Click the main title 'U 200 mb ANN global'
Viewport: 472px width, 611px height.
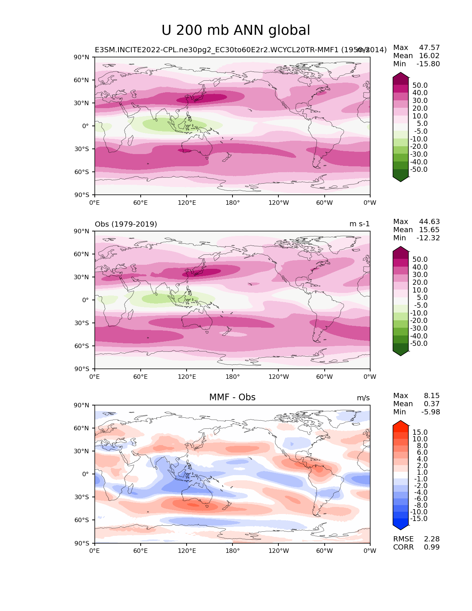[236, 30]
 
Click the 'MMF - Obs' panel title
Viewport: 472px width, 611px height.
[232, 397]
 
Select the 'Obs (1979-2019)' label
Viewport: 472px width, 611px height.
[126, 224]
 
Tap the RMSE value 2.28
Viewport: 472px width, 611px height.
[432, 539]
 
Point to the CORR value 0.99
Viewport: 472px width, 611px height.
[432, 547]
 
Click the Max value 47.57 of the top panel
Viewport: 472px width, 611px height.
[429, 47]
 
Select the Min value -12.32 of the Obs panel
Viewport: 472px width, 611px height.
[428, 238]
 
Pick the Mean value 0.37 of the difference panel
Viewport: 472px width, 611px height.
[432, 404]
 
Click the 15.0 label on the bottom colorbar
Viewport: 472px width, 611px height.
[420, 432]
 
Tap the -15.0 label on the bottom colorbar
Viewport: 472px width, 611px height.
[419, 518]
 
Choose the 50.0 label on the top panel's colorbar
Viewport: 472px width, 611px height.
[420, 85]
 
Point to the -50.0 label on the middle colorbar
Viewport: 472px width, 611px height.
[419, 343]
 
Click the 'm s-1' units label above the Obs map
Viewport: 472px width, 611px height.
[359, 224]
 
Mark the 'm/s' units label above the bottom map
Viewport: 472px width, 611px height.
[363, 398]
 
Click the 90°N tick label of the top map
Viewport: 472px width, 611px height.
[81, 57]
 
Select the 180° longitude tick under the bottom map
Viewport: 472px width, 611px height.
[232, 551]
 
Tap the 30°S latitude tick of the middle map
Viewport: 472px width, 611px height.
[81, 323]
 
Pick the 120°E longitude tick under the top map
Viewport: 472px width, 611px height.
[187, 203]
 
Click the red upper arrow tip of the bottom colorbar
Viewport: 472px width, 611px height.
[401, 423]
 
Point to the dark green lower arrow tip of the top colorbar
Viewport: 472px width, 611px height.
[401, 179]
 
